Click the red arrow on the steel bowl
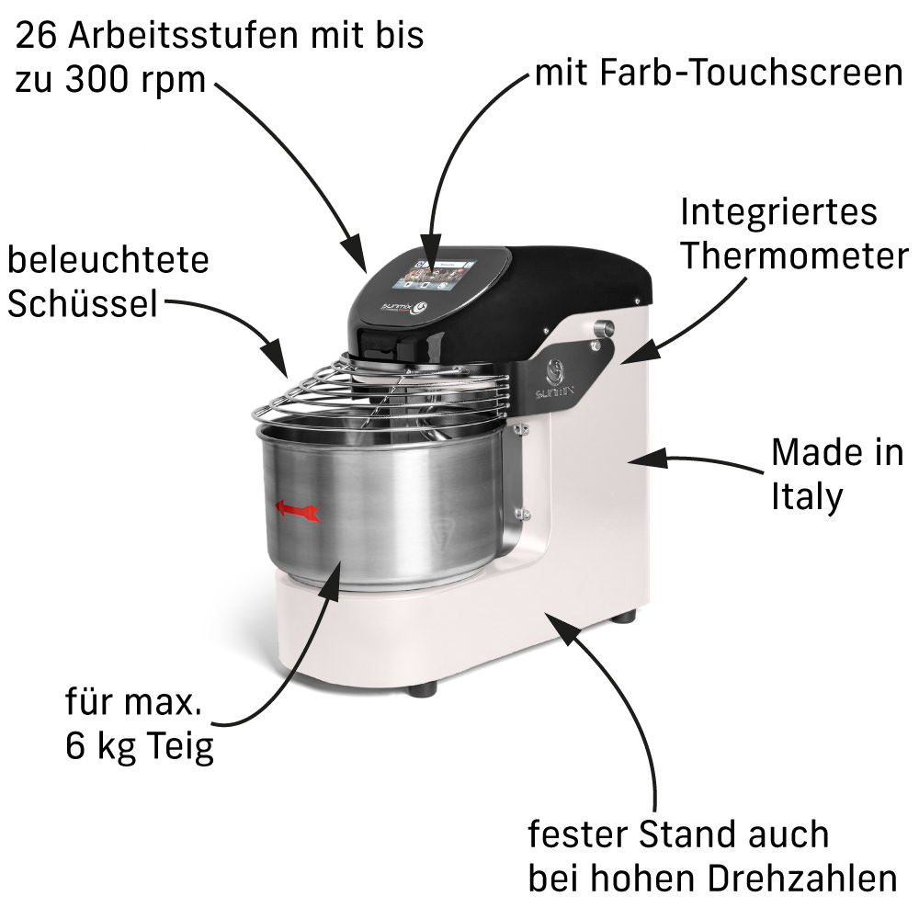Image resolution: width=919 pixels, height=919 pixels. pos(297,510)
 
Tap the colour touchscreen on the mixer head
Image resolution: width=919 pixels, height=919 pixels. pos(435,274)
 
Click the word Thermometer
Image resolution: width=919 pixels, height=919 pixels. pos(794,256)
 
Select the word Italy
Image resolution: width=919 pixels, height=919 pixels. pos(807,497)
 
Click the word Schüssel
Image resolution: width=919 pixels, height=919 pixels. pos(83,303)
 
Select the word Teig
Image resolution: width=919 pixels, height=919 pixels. pos(180,746)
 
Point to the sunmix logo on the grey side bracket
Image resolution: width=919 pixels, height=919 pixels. pos(554,379)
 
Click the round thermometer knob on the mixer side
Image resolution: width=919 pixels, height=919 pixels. pos(603,328)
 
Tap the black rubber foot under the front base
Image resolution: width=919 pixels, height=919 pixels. pos(422,689)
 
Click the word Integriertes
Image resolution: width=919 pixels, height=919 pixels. pos(778,211)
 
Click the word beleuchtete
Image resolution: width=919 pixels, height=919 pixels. pos(108,259)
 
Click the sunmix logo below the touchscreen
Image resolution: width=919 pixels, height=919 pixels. pos(404,307)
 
